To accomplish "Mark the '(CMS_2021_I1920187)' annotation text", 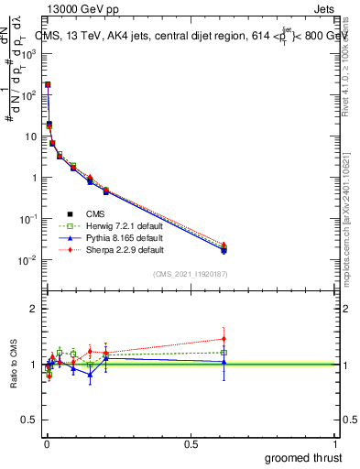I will click(191, 273).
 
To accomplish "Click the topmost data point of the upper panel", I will click(48, 84).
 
